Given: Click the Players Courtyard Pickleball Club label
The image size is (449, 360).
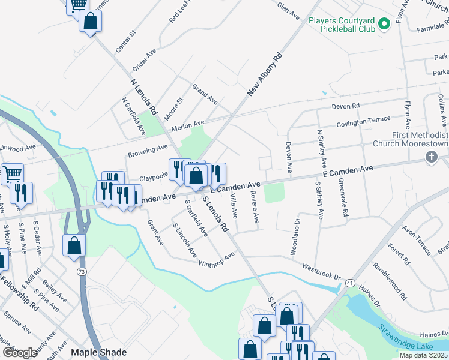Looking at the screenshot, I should (342, 24).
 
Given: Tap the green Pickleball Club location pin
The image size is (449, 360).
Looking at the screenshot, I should (384, 24).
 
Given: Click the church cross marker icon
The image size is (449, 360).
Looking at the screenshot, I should (430, 157).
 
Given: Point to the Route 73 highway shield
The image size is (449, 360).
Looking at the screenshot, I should (80, 272).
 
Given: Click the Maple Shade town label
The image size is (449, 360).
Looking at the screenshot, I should (95, 352).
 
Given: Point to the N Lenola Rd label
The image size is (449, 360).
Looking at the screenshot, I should (143, 98).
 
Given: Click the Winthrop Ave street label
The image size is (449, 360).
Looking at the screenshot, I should (216, 260).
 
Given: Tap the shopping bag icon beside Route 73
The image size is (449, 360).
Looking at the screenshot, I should (74, 245).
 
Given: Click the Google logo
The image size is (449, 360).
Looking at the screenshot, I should (20, 352).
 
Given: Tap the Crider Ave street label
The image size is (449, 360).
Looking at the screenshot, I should (144, 59).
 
